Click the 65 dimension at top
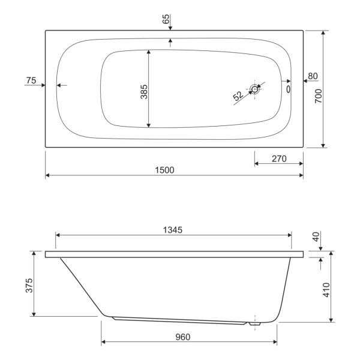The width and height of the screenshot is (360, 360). pos(166,19)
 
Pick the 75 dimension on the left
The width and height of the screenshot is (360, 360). pos(32,80)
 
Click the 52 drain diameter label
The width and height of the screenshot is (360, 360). pos(238,95)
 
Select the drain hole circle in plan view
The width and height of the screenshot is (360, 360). pos(256,89)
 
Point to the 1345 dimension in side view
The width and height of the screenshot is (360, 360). pos(173,230)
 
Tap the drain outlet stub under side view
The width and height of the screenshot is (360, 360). pos(255,325)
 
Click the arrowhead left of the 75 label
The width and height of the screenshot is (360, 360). pos(43,85)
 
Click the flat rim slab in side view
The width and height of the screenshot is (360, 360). pos(174,254)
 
